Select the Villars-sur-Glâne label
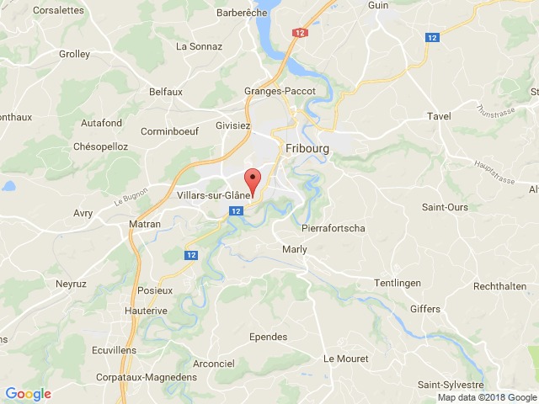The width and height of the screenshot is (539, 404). pos(214,196)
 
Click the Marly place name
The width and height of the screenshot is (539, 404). pos(295,249)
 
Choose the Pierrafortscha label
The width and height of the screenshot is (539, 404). pos(333,228)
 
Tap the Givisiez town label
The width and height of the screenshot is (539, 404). pos(232,125)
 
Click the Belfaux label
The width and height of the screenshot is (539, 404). pos(166,91)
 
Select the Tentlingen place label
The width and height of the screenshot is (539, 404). pos(397,284)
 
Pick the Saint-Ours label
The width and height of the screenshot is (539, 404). pos(446,206)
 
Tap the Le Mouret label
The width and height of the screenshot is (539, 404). pos(341,359)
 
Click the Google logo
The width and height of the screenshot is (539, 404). pos(28,393)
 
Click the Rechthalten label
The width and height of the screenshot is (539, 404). pos(500,287)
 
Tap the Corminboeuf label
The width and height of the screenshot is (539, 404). pos(169,132)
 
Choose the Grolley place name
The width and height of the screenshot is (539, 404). pos(74,54)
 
